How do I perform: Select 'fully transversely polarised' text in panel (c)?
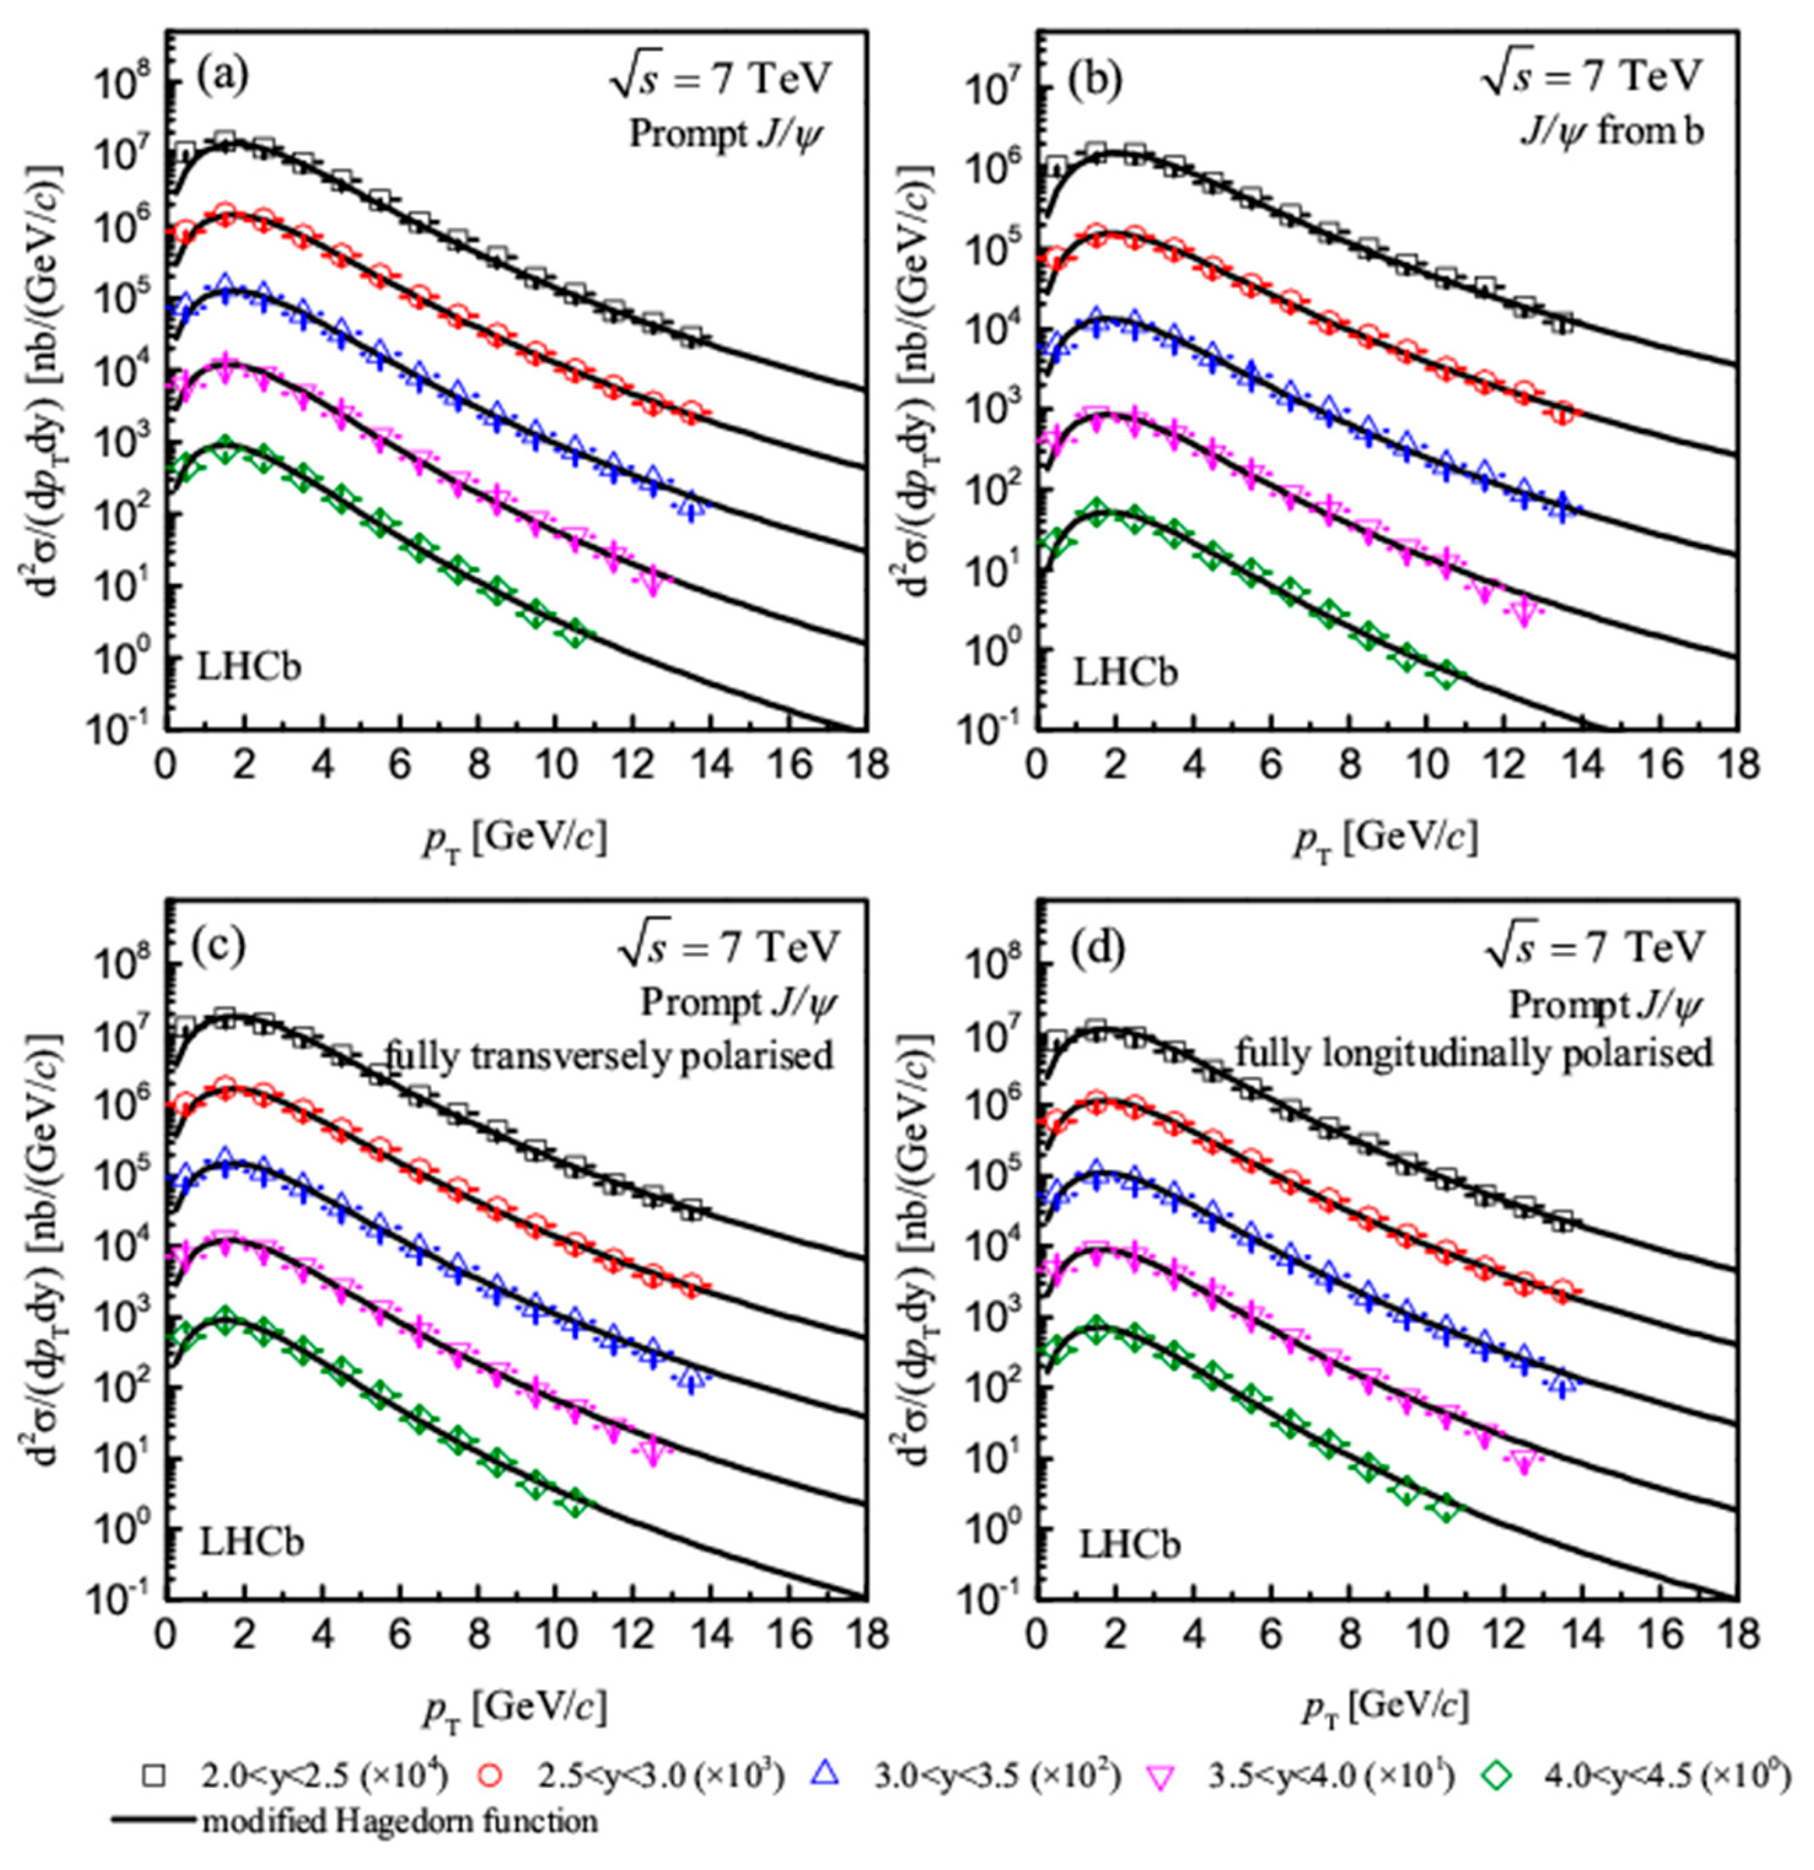pos(609,1055)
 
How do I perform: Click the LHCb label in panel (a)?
pos(249,666)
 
